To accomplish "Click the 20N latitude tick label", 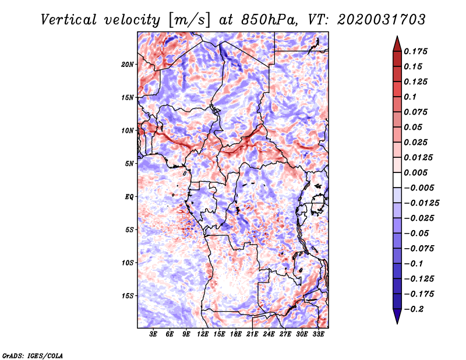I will pyautogui.click(x=128, y=64).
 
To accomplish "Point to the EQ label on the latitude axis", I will pyautogui.click(x=129, y=197).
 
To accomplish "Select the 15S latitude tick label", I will pyautogui.click(x=128, y=296).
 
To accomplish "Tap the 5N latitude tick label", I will pyautogui.click(x=129, y=164).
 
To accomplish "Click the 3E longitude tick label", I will pyautogui.click(x=154, y=334).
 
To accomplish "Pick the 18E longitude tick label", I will pyautogui.click(x=236, y=334).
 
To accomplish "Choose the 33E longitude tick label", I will pyautogui.click(x=318, y=334).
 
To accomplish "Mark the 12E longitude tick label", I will pyautogui.click(x=203, y=334).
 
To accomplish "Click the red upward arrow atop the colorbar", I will pyautogui.click(x=397, y=43).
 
